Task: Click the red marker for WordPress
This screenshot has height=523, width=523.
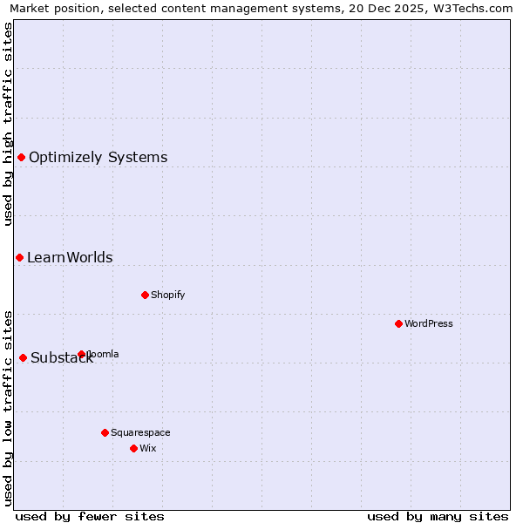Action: coord(398,323)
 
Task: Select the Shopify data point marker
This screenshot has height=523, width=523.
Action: coord(145,295)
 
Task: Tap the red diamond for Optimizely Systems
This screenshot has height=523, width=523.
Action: coord(22,157)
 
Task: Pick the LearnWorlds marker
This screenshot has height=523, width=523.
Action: coord(19,257)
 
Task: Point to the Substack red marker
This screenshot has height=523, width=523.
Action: coord(24,357)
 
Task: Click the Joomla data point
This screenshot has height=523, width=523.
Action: coord(82,354)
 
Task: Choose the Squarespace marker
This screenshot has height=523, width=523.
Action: coord(105,432)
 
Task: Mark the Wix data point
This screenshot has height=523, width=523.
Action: coord(133,448)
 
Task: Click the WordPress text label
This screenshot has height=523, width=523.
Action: coord(428,323)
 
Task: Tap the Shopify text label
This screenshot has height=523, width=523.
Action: coord(167,295)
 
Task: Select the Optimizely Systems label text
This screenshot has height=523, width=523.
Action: coord(98,158)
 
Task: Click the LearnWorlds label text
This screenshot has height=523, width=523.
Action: coord(70,258)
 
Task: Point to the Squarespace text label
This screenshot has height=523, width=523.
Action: coord(140,432)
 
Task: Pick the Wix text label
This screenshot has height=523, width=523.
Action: coord(147,448)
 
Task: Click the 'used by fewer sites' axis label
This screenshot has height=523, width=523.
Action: coord(90,516)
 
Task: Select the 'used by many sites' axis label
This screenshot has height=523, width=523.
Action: coord(438,516)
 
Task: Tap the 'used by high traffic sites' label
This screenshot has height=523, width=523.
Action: coord(8,124)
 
